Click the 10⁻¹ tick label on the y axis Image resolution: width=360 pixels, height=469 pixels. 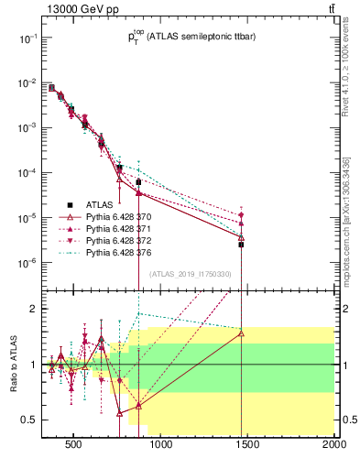pos(28,38)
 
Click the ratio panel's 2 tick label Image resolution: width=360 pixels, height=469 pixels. pos(33,310)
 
